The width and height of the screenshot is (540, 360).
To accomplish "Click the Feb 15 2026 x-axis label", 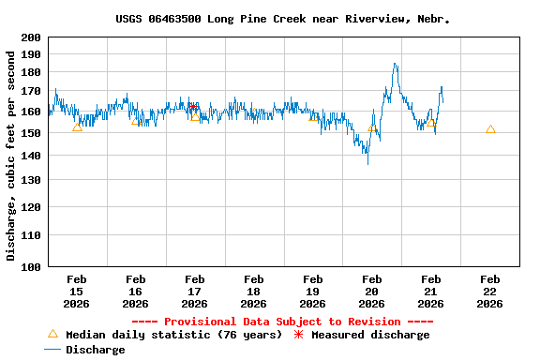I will pos(77,291).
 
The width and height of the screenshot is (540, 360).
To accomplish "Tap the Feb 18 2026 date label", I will pos(253,291).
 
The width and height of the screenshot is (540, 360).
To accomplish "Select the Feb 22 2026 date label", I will pos(489,291).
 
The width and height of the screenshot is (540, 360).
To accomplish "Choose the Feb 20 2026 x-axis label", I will pos(371,291).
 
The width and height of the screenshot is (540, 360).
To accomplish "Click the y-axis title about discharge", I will pos(11,156).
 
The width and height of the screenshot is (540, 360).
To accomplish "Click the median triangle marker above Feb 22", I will pos(490,129).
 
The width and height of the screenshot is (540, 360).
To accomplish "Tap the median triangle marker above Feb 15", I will pos(77,127).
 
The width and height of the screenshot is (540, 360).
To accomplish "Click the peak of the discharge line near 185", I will pos(395,64).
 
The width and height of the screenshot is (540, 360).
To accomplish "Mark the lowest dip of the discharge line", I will pos(367,163).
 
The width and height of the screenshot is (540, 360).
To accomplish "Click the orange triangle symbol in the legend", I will pos(52,334).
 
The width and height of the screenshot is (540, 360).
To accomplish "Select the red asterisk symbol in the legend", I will pos(299,335).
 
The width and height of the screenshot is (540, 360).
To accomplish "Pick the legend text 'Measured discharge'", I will pos(370,335).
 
